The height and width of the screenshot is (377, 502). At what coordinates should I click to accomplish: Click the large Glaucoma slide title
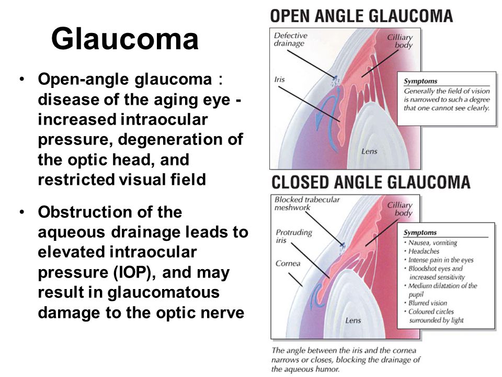click(x=125, y=38)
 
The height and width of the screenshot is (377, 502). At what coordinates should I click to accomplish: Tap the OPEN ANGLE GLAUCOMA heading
click(x=361, y=16)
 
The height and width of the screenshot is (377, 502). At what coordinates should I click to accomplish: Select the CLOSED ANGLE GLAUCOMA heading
click(x=371, y=182)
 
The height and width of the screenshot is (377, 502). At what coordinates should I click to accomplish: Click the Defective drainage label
click(x=290, y=39)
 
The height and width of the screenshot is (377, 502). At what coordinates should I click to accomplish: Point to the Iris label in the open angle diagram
click(x=279, y=79)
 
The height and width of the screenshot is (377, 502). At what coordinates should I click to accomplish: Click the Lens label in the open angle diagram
click(x=369, y=151)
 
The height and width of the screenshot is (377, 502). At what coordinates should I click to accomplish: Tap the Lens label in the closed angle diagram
click(x=353, y=320)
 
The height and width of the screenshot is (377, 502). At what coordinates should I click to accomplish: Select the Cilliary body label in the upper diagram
click(x=400, y=41)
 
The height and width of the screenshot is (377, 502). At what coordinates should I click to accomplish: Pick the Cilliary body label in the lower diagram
click(x=400, y=209)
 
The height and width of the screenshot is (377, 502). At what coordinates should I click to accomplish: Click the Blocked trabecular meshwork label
click(x=307, y=204)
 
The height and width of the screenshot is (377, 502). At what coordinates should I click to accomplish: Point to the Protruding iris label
click(x=293, y=236)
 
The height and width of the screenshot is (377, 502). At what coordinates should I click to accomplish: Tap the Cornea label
click(x=288, y=263)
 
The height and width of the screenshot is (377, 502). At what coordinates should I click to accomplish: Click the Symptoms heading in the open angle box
click(x=420, y=81)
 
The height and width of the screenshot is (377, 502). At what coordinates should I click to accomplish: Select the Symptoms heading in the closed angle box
click(x=420, y=232)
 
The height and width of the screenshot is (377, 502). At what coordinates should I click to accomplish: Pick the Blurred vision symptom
click(x=428, y=303)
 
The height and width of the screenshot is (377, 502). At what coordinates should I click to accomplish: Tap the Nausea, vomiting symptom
click(x=432, y=243)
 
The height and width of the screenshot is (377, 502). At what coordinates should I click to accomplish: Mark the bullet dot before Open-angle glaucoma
click(x=22, y=79)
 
